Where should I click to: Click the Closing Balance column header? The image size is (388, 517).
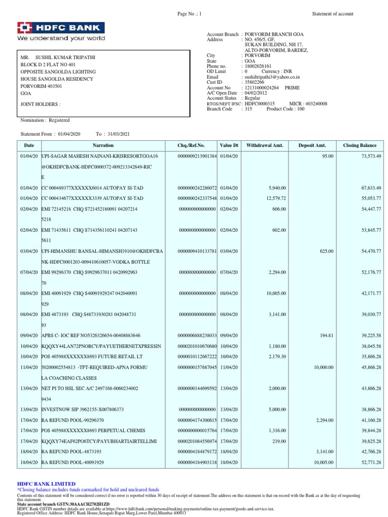[360, 145]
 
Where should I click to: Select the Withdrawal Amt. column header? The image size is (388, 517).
[265, 145]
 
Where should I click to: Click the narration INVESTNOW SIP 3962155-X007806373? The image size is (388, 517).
[82, 409]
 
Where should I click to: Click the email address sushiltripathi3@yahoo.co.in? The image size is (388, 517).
[271, 77]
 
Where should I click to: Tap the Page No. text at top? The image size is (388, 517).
[189, 14]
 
